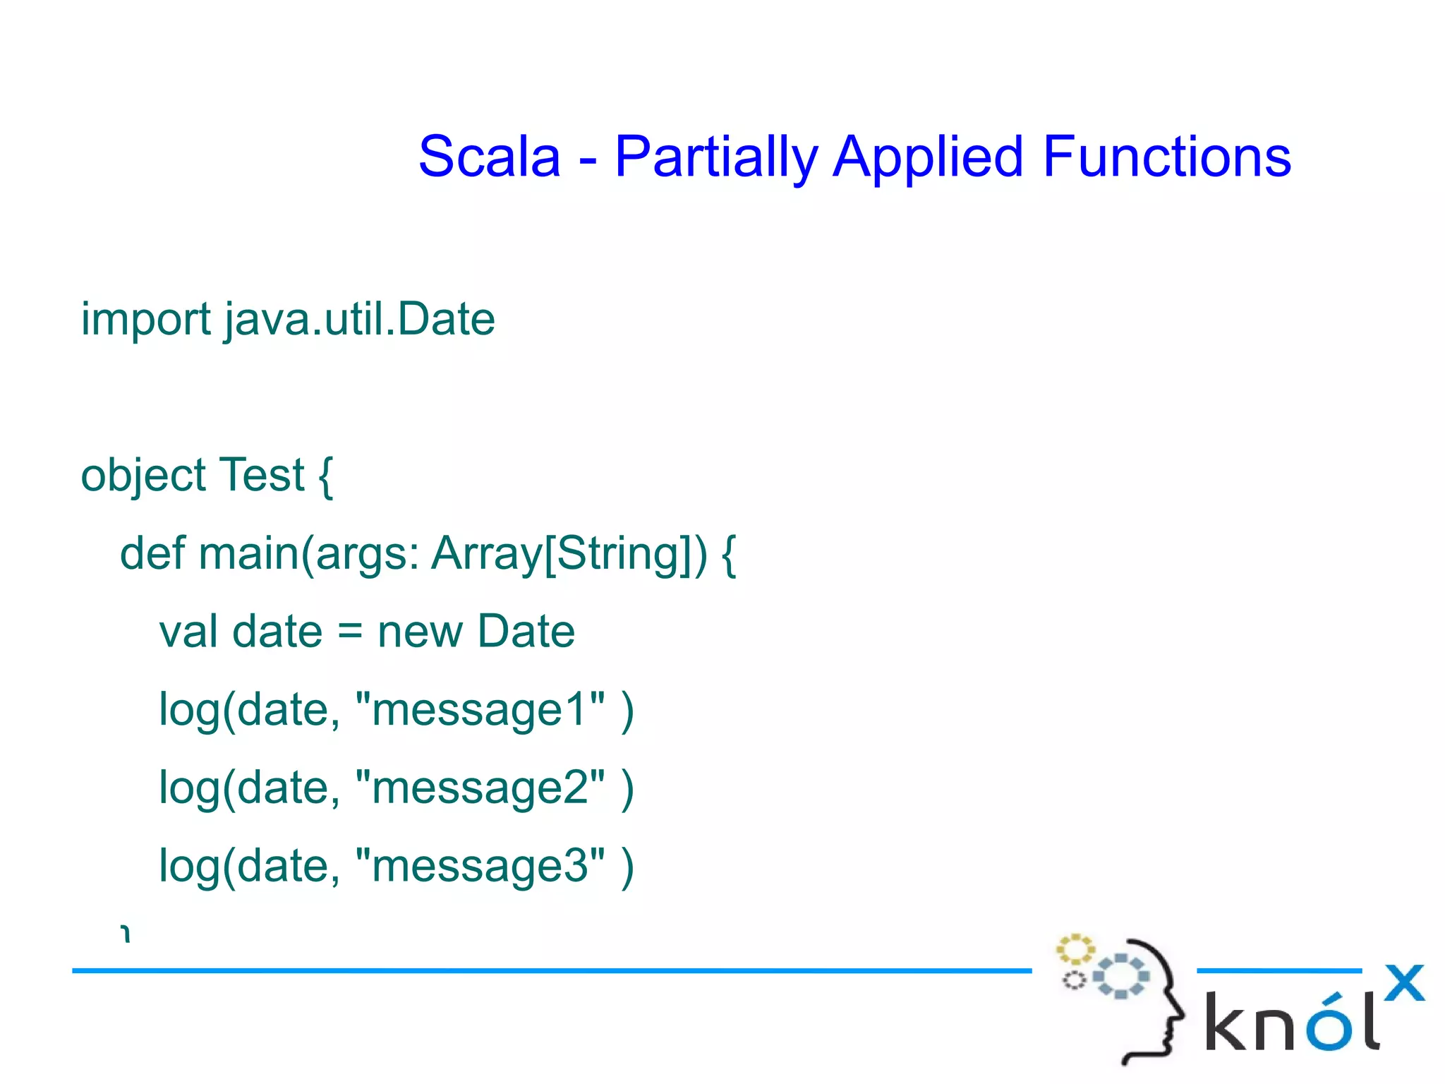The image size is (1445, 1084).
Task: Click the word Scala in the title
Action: [x=489, y=157]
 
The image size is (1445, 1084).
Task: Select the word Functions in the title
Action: [x=1166, y=157]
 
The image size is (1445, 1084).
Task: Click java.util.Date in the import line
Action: [x=360, y=320]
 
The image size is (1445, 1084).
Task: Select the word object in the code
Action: [x=143, y=476]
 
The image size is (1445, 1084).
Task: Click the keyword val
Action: [x=188, y=631]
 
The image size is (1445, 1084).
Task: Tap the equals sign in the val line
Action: [x=350, y=632]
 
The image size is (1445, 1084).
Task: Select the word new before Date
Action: [x=419, y=632]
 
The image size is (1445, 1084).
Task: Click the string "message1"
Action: [x=480, y=709]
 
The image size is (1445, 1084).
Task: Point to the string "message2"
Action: [x=480, y=788]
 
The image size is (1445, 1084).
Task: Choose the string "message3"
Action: [x=480, y=866]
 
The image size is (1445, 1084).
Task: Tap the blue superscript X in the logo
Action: [x=1404, y=982]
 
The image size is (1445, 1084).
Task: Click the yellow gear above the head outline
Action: [x=1075, y=949]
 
